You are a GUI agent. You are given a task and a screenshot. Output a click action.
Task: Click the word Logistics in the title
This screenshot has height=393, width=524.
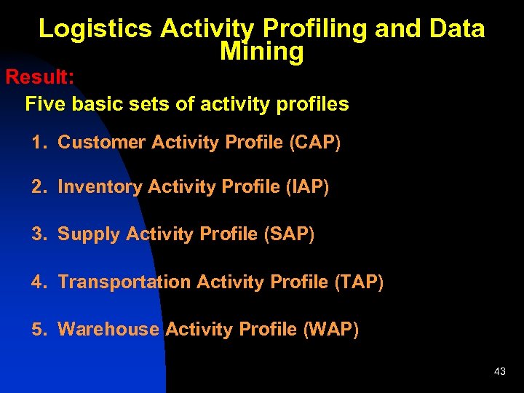pyautogui.click(x=95, y=29)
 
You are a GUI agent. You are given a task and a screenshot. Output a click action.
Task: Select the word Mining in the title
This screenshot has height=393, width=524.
pyautogui.click(x=261, y=52)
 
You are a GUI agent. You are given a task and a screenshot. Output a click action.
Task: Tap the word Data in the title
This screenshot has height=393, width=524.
pyautogui.click(x=456, y=29)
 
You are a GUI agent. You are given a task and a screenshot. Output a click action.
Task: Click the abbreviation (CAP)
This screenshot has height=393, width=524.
pyautogui.click(x=314, y=143)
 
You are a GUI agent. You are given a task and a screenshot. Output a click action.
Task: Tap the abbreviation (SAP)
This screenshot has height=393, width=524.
pyautogui.click(x=289, y=234)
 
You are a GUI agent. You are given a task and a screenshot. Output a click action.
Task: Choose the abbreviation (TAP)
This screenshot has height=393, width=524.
pyautogui.click(x=358, y=282)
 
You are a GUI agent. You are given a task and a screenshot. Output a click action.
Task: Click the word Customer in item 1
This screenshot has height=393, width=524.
pyautogui.click(x=102, y=143)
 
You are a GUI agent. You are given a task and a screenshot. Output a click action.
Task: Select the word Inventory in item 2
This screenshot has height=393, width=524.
pyautogui.click(x=100, y=187)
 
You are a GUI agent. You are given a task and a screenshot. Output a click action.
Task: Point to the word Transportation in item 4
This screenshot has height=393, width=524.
pyautogui.click(x=124, y=282)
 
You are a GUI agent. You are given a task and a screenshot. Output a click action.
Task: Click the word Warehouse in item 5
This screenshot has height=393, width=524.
pyautogui.click(x=108, y=329)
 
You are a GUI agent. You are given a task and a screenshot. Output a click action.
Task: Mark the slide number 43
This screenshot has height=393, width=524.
pyautogui.click(x=499, y=372)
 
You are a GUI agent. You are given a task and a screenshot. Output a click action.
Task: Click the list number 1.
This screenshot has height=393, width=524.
pyautogui.click(x=38, y=143)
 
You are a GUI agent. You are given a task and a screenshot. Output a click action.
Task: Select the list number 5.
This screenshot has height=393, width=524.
pyautogui.click(x=38, y=329)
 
